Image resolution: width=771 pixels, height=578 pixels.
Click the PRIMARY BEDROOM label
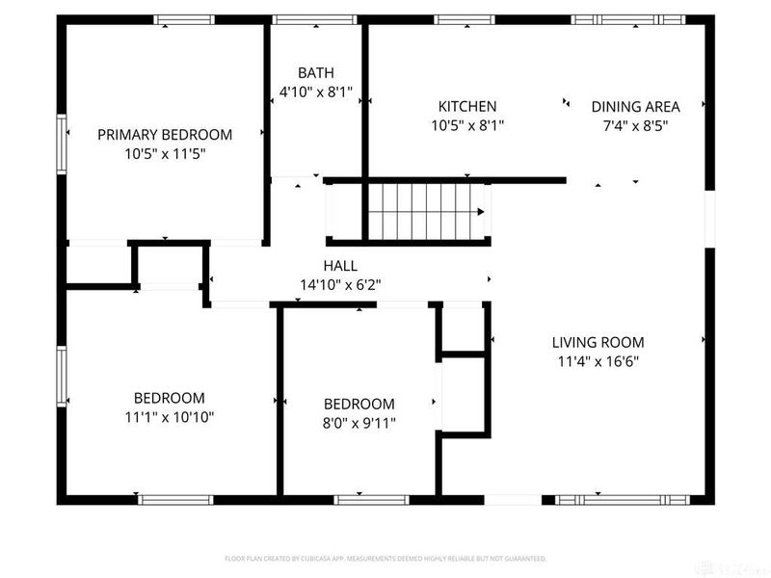(x=165, y=134)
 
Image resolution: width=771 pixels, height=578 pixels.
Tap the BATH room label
(x=316, y=73)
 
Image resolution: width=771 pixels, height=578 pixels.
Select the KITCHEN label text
(x=467, y=106)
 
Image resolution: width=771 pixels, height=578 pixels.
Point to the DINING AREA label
(x=635, y=106)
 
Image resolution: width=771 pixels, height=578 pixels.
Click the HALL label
(x=340, y=266)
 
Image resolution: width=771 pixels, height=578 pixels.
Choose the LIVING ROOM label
(x=598, y=342)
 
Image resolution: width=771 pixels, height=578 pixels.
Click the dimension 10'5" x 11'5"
(x=165, y=153)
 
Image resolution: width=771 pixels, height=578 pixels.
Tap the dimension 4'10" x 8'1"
(x=316, y=92)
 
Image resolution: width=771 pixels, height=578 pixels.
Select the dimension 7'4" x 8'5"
(x=635, y=125)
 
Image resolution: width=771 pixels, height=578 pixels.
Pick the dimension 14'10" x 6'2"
(x=340, y=285)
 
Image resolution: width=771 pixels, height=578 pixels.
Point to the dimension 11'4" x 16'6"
(x=598, y=361)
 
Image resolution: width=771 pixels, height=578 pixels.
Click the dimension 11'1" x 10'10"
(x=169, y=417)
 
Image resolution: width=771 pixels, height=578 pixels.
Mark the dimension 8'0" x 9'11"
(x=359, y=423)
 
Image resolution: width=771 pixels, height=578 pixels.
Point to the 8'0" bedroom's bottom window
(x=371, y=499)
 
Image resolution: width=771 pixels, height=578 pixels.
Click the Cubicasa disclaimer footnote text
(x=385, y=559)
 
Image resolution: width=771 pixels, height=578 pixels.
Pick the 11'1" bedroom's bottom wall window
(x=175, y=499)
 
